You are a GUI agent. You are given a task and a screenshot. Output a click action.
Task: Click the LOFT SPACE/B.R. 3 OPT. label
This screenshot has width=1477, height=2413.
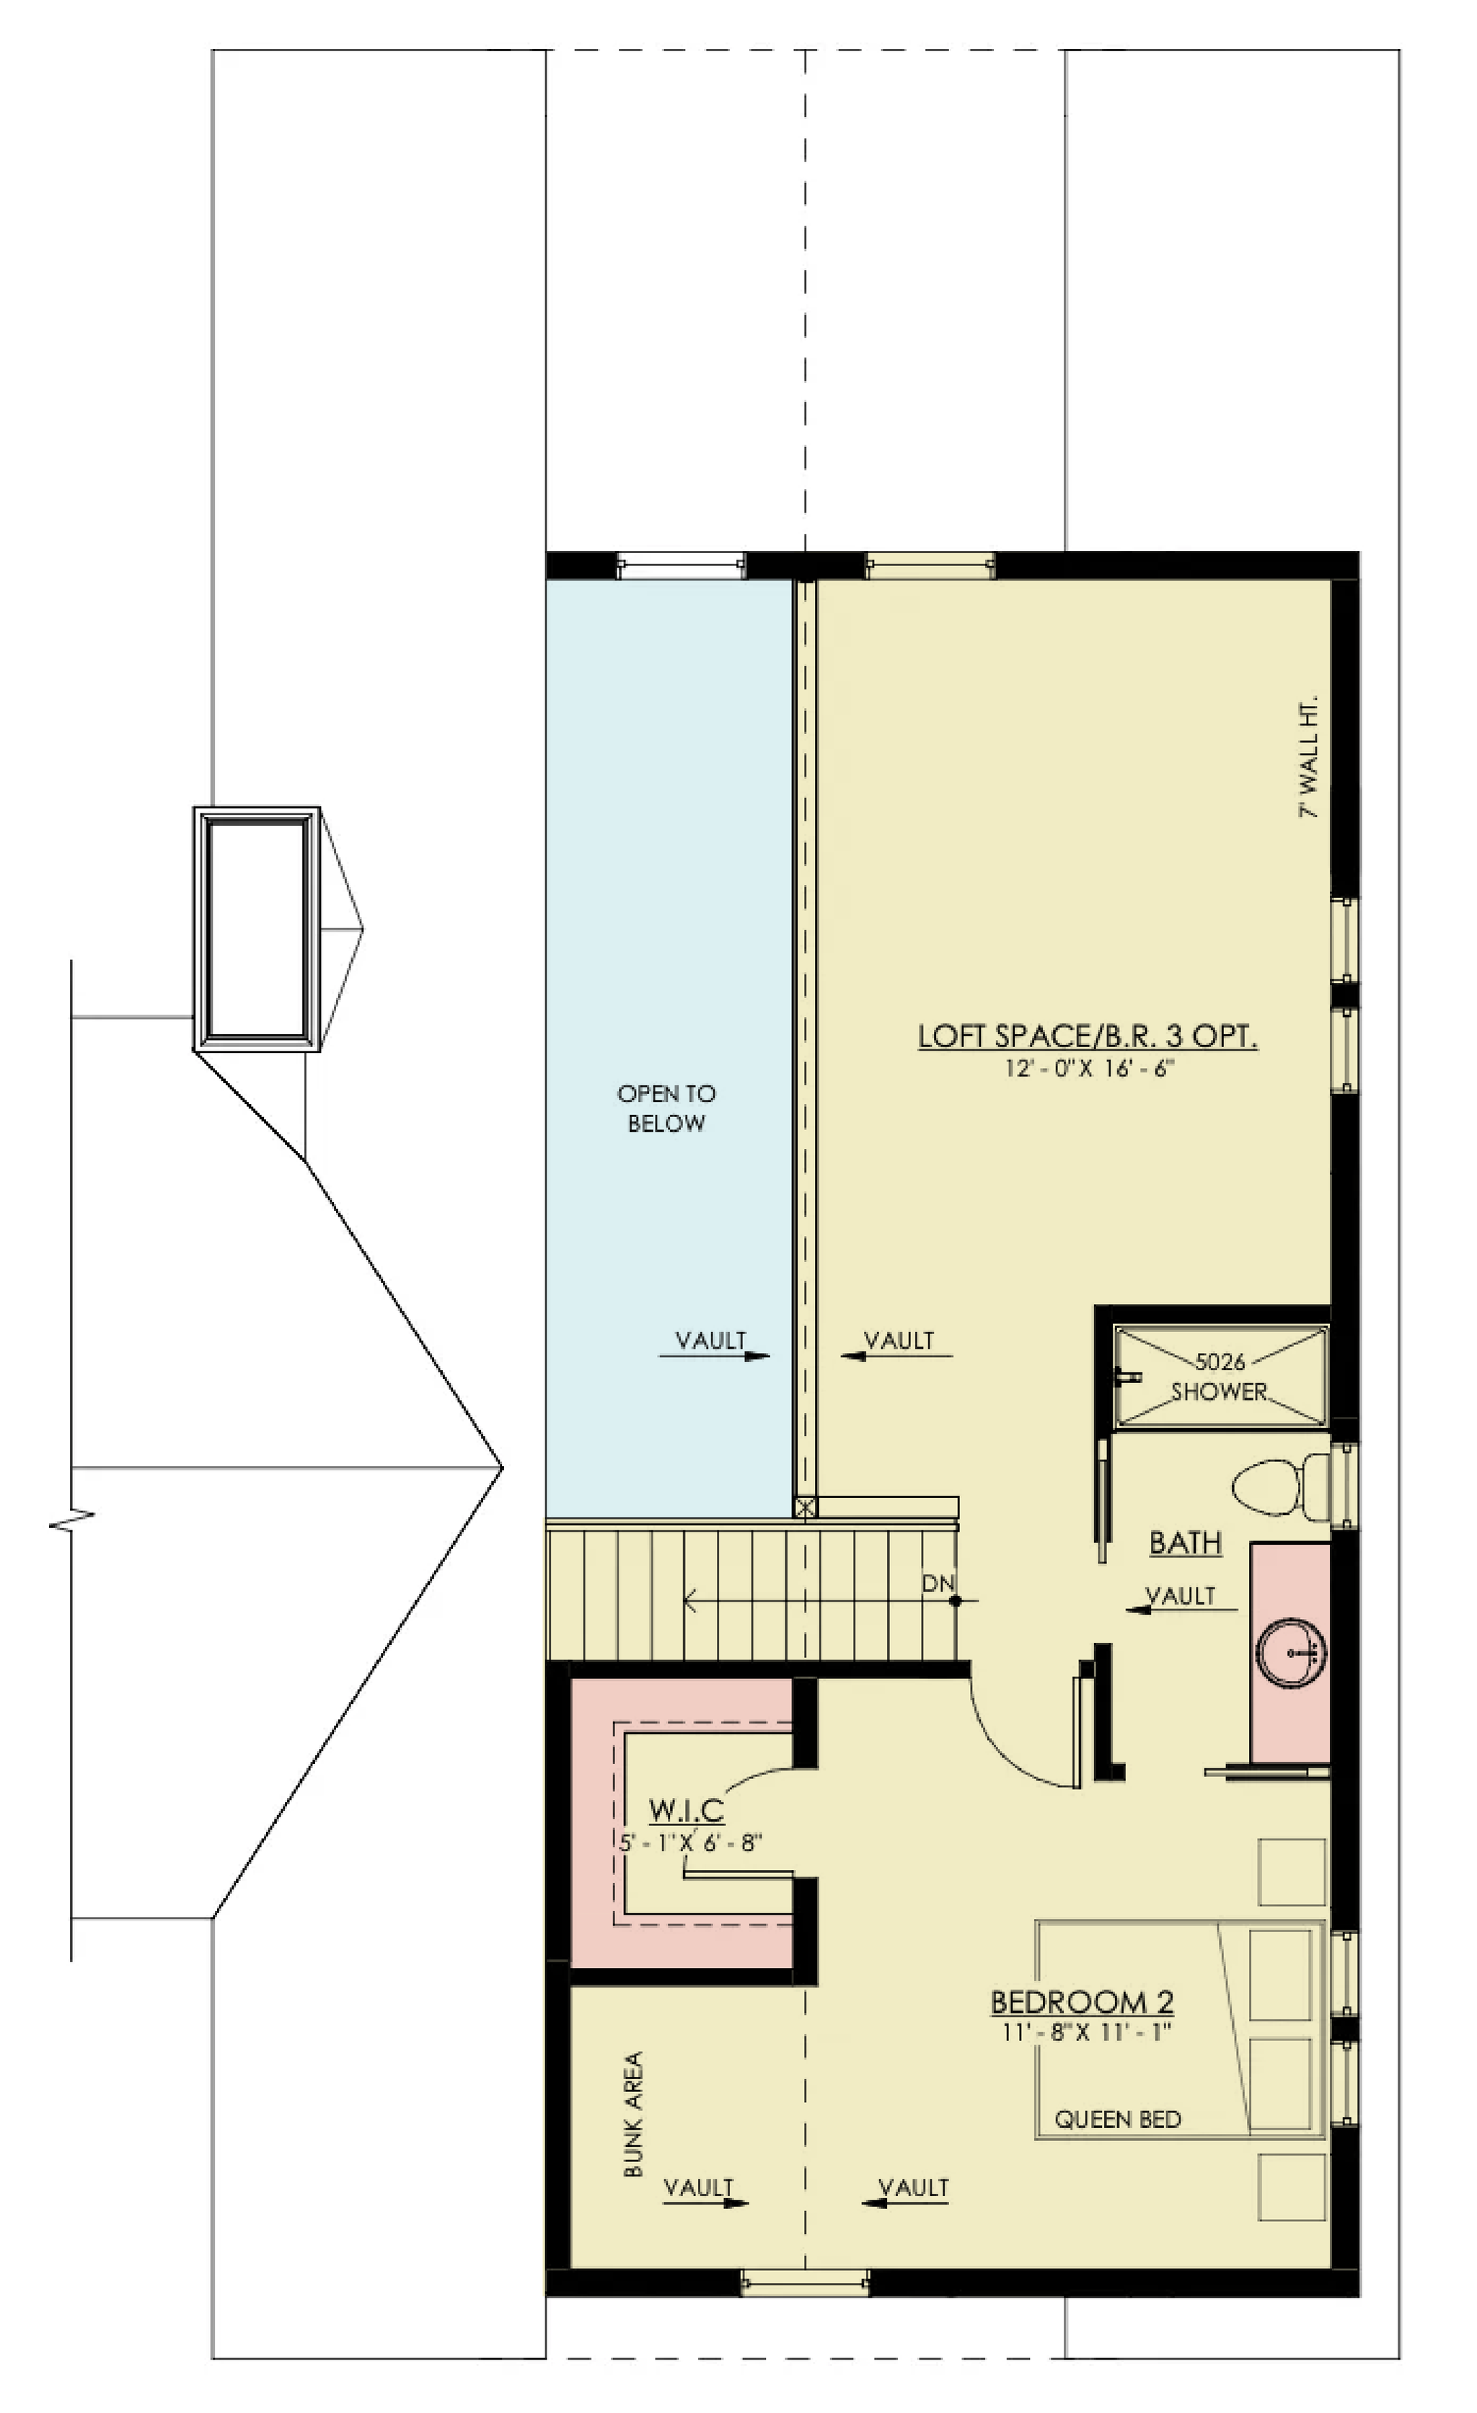pyautogui.click(x=1087, y=1036)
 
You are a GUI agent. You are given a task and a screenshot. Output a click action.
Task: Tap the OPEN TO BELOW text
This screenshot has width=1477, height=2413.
pyautogui.click(x=666, y=1108)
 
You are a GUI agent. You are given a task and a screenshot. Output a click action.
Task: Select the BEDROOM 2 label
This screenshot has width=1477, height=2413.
pyautogui.click(x=1083, y=2002)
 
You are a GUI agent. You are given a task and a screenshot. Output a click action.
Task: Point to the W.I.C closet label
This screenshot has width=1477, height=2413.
pyautogui.click(x=687, y=1810)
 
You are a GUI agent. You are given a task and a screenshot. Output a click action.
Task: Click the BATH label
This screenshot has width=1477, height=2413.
pyautogui.click(x=1185, y=1543)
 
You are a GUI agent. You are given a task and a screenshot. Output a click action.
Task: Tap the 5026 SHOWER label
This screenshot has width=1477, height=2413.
pyautogui.click(x=1220, y=1376)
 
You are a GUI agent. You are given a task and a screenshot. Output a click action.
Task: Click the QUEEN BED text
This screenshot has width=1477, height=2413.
pyautogui.click(x=1118, y=2119)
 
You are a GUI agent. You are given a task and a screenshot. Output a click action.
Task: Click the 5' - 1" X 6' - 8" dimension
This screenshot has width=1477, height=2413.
pyautogui.click(x=690, y=1842)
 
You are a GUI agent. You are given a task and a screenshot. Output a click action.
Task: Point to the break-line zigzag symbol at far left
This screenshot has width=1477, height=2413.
pyautogui.click(x=71, y=1522)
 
